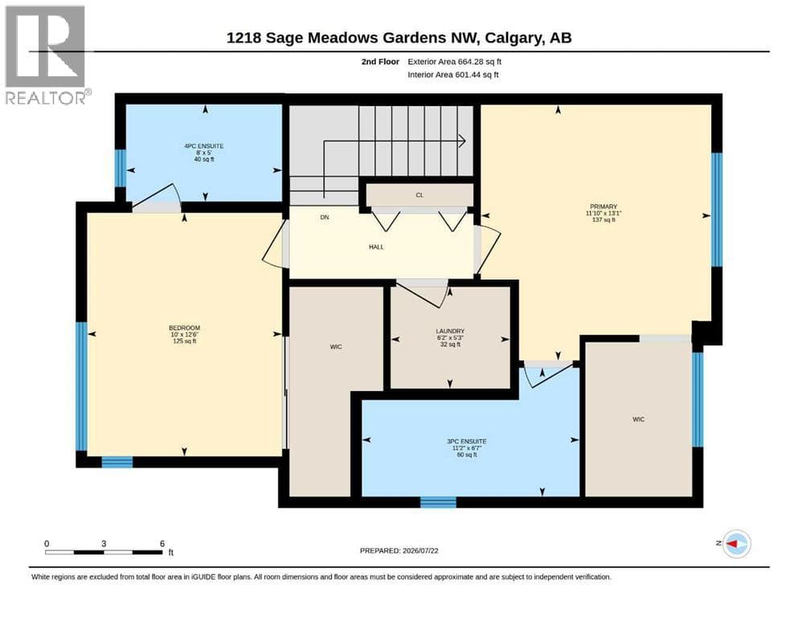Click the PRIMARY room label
point(604,206)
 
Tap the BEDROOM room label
point(184,328)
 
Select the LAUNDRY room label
point(450,331)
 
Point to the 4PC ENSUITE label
point(204,146)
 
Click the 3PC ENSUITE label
point(467,442)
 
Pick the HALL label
point(376,247)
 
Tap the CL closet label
point(419,194)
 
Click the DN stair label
point(325,217)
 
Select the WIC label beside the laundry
point(336,346)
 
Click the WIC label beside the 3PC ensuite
point(639,419)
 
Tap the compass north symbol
point(736,544)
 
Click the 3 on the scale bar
point(104,543)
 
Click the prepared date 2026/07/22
point(420,550)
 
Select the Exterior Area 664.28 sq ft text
point(455,62)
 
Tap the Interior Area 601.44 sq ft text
point(453,75)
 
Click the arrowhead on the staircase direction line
point(462,141)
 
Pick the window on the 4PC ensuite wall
point(120,169)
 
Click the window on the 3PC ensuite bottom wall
point(438,502)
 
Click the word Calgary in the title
point(513,38)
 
